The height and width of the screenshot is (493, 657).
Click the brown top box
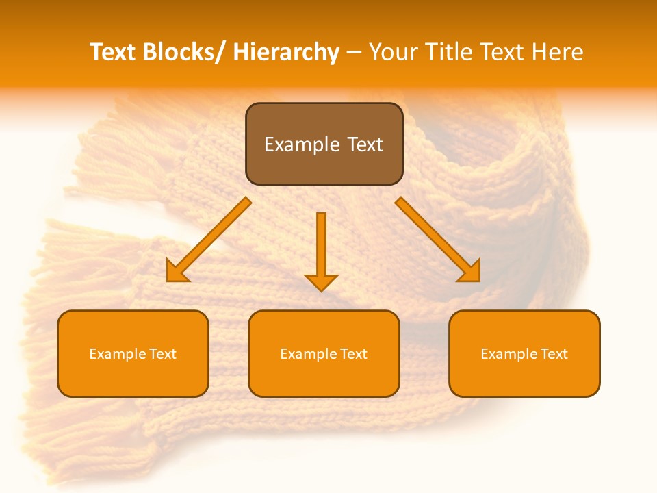click(x=324, y=144)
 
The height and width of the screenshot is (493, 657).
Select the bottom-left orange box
click(x=133, y=353)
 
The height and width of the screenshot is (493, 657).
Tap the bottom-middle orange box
click(x=324, y=353)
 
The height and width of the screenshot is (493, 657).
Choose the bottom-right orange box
click(x=524, y=353)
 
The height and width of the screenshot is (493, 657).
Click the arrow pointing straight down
click(x=321, y=251)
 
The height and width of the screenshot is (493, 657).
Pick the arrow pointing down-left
click(x=209, y=240)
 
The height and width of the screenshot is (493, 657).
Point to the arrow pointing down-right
click(x=438, y=240)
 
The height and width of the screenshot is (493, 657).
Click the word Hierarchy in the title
click(x=285, y=52)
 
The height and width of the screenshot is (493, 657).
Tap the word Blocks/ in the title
click(x=185, y=52)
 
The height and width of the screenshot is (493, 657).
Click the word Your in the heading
click(x=394, y=52)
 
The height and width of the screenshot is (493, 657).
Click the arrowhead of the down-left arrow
click(x=176, y=273)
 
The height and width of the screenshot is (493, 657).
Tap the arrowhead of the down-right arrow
click(x=471, y=273)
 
